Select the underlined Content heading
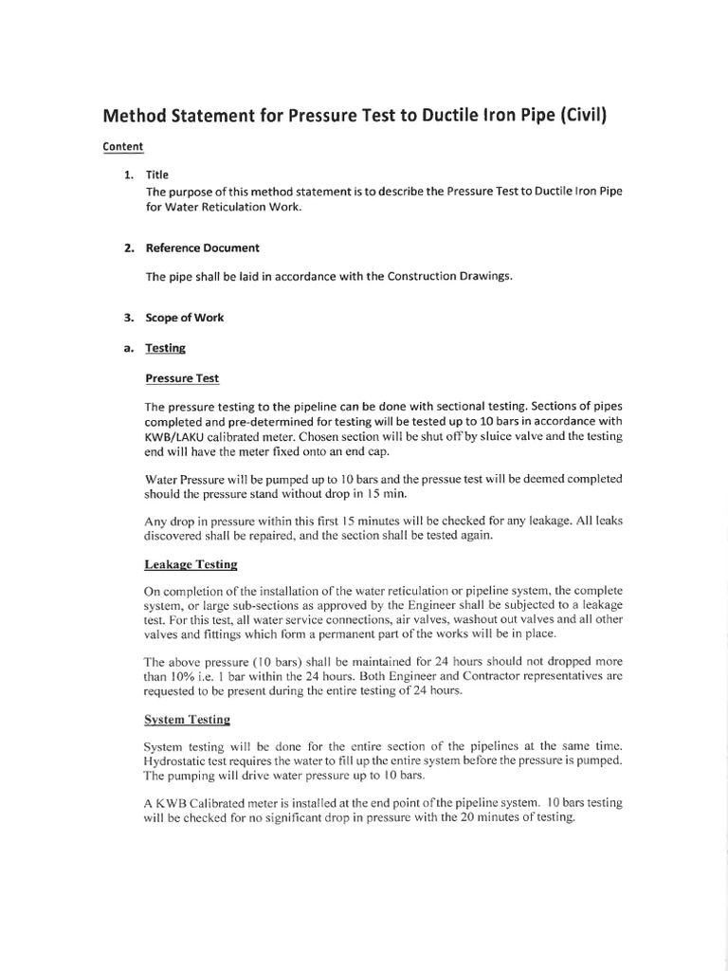pos(122,147)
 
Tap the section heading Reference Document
pos(202,248)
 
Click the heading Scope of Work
pos(184,318)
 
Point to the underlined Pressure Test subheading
pos(182,377)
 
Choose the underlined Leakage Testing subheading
pos(191,564)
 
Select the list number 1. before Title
pos(128,175)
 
